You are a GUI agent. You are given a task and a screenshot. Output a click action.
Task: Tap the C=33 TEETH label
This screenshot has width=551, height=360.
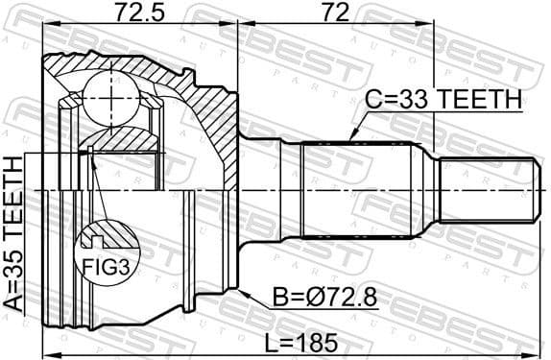(443, 99)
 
